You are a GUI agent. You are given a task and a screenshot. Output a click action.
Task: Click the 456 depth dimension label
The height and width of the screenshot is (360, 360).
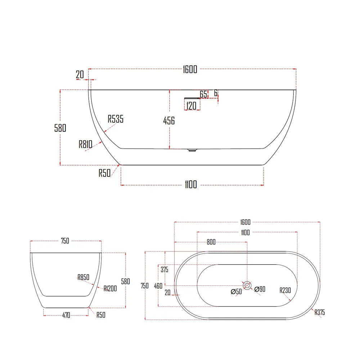[169, 121]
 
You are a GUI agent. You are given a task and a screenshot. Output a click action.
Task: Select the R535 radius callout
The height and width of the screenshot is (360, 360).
[116, 119]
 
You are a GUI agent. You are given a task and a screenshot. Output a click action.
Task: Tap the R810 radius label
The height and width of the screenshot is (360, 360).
[86, 144]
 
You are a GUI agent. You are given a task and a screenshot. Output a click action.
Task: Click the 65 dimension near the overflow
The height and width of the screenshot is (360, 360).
[203, 94]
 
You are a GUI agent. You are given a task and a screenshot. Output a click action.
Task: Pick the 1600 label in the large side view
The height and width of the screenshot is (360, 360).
[190, 69]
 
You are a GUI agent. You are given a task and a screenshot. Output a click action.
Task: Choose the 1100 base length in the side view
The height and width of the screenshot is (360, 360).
[191, 185]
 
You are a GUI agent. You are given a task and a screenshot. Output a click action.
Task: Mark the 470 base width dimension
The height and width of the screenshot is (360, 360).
[66, 316]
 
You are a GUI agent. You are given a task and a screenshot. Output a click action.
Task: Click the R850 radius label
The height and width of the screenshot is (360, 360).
[83, 277]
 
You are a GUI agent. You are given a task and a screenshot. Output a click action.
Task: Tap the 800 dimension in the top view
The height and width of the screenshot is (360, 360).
[211, 242]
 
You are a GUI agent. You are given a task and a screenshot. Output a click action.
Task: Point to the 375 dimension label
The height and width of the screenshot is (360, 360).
[165, 270]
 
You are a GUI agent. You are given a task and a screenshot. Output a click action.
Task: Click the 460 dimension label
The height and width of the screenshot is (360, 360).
[158, 286]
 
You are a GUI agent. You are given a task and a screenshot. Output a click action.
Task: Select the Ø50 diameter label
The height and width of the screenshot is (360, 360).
[236, 291]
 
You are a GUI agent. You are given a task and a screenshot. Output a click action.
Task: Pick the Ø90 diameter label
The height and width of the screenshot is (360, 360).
[260, 289]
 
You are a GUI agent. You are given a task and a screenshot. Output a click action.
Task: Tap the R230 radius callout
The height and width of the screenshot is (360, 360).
[285, 290]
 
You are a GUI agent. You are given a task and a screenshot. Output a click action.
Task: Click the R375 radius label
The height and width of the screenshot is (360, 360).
[320, 312]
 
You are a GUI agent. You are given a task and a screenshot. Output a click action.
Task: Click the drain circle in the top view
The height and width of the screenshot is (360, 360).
[247, 285]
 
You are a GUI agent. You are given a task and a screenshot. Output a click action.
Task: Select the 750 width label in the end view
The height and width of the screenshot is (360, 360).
[65, 241]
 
